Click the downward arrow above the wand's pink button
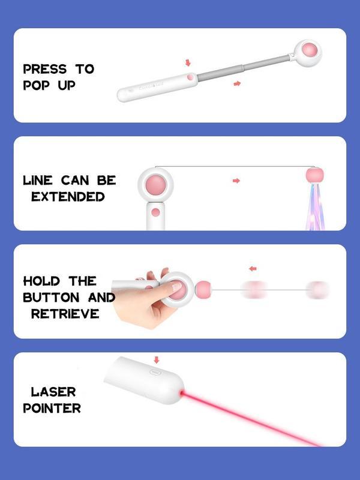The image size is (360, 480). [188, 62]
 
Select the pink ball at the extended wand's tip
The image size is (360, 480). [310, 49]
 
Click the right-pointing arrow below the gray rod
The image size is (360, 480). [237, 83]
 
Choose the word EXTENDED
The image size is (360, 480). [68, 196]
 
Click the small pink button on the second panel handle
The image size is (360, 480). [156, 212]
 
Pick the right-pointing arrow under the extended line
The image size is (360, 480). [236, 181]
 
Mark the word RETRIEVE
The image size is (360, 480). [64, 313]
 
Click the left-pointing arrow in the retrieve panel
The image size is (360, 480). [253, 268]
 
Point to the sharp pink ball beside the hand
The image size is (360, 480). [204, 289]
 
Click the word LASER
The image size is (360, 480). [53, 392]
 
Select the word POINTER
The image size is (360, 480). [52, 408]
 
